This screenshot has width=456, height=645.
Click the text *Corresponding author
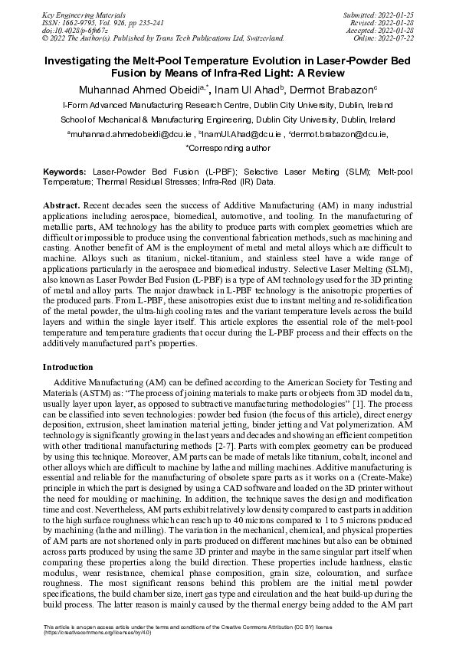(228, 147)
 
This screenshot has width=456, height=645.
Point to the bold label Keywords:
(64, 173)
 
